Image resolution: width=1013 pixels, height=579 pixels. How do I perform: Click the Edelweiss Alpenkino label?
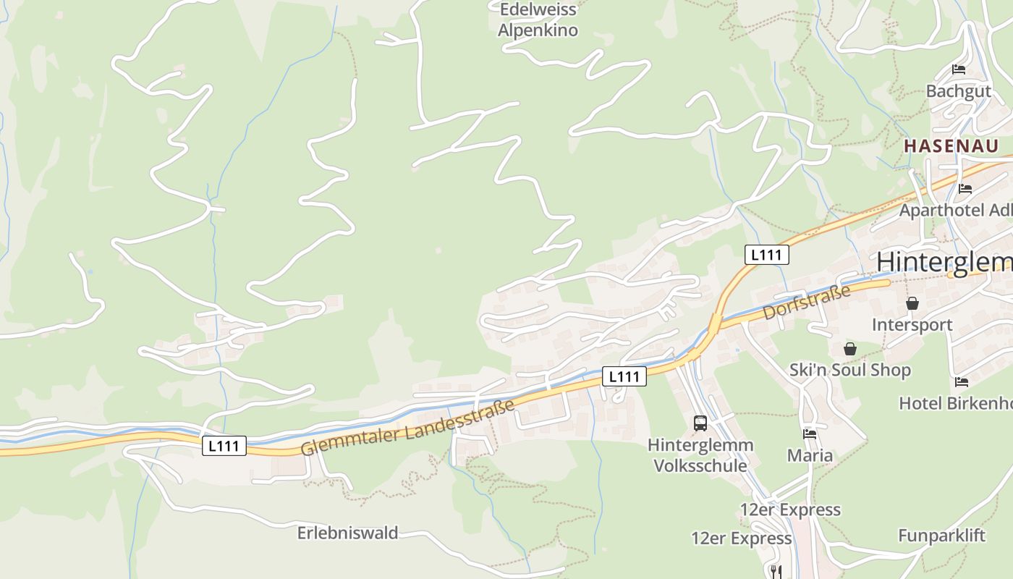538,20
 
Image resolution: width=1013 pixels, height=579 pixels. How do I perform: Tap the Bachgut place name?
958,91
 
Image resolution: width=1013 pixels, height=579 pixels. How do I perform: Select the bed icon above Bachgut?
959,70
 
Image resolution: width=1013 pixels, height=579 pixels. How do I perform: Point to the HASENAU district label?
951,145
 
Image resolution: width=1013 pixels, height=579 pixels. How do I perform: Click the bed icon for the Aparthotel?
965,189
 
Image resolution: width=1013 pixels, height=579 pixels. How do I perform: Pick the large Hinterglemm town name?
944,262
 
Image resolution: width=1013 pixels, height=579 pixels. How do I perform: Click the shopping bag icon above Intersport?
912,303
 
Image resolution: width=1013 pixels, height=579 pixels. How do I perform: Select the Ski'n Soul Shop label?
849,370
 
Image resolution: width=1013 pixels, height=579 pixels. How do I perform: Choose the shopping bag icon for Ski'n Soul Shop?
850,349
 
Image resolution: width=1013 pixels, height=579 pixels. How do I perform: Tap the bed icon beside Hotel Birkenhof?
961,381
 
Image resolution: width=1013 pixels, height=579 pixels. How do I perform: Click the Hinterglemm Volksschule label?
700,455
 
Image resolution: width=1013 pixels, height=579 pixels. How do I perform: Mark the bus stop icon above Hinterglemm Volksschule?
700,423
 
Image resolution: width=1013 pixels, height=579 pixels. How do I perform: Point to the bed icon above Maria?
810,434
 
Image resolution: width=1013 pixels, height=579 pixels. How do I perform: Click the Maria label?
810,456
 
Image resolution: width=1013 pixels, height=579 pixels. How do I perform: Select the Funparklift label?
941,536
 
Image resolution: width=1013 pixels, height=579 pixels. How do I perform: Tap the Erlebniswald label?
347,533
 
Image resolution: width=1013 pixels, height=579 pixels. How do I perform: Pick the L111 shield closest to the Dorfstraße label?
766,255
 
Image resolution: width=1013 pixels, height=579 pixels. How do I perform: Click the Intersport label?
912,324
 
